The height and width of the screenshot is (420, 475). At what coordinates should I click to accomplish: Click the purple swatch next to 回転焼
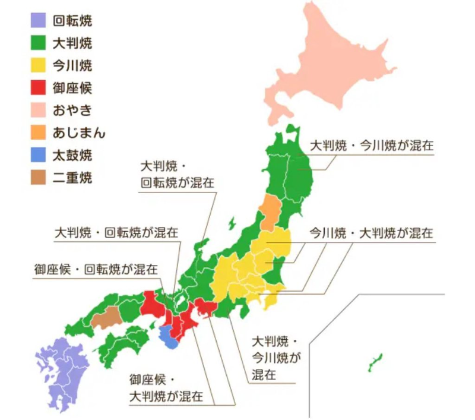(x=39, y=21)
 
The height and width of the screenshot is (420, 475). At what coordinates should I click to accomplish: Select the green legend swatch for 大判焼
(x=39, y=43)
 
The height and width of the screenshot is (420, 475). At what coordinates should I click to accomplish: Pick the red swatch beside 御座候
(x=39, y=88)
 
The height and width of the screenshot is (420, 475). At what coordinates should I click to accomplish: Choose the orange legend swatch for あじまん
(x=39, y=132)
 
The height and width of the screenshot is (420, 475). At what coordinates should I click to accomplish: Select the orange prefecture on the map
(x=269, y=210)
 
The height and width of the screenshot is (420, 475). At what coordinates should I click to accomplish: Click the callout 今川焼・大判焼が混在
(x=370, y=233)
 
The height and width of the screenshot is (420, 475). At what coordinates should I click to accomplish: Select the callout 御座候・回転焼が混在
(x=96, y=269)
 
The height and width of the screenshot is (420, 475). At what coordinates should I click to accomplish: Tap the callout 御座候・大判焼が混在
(x=166, y=387)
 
